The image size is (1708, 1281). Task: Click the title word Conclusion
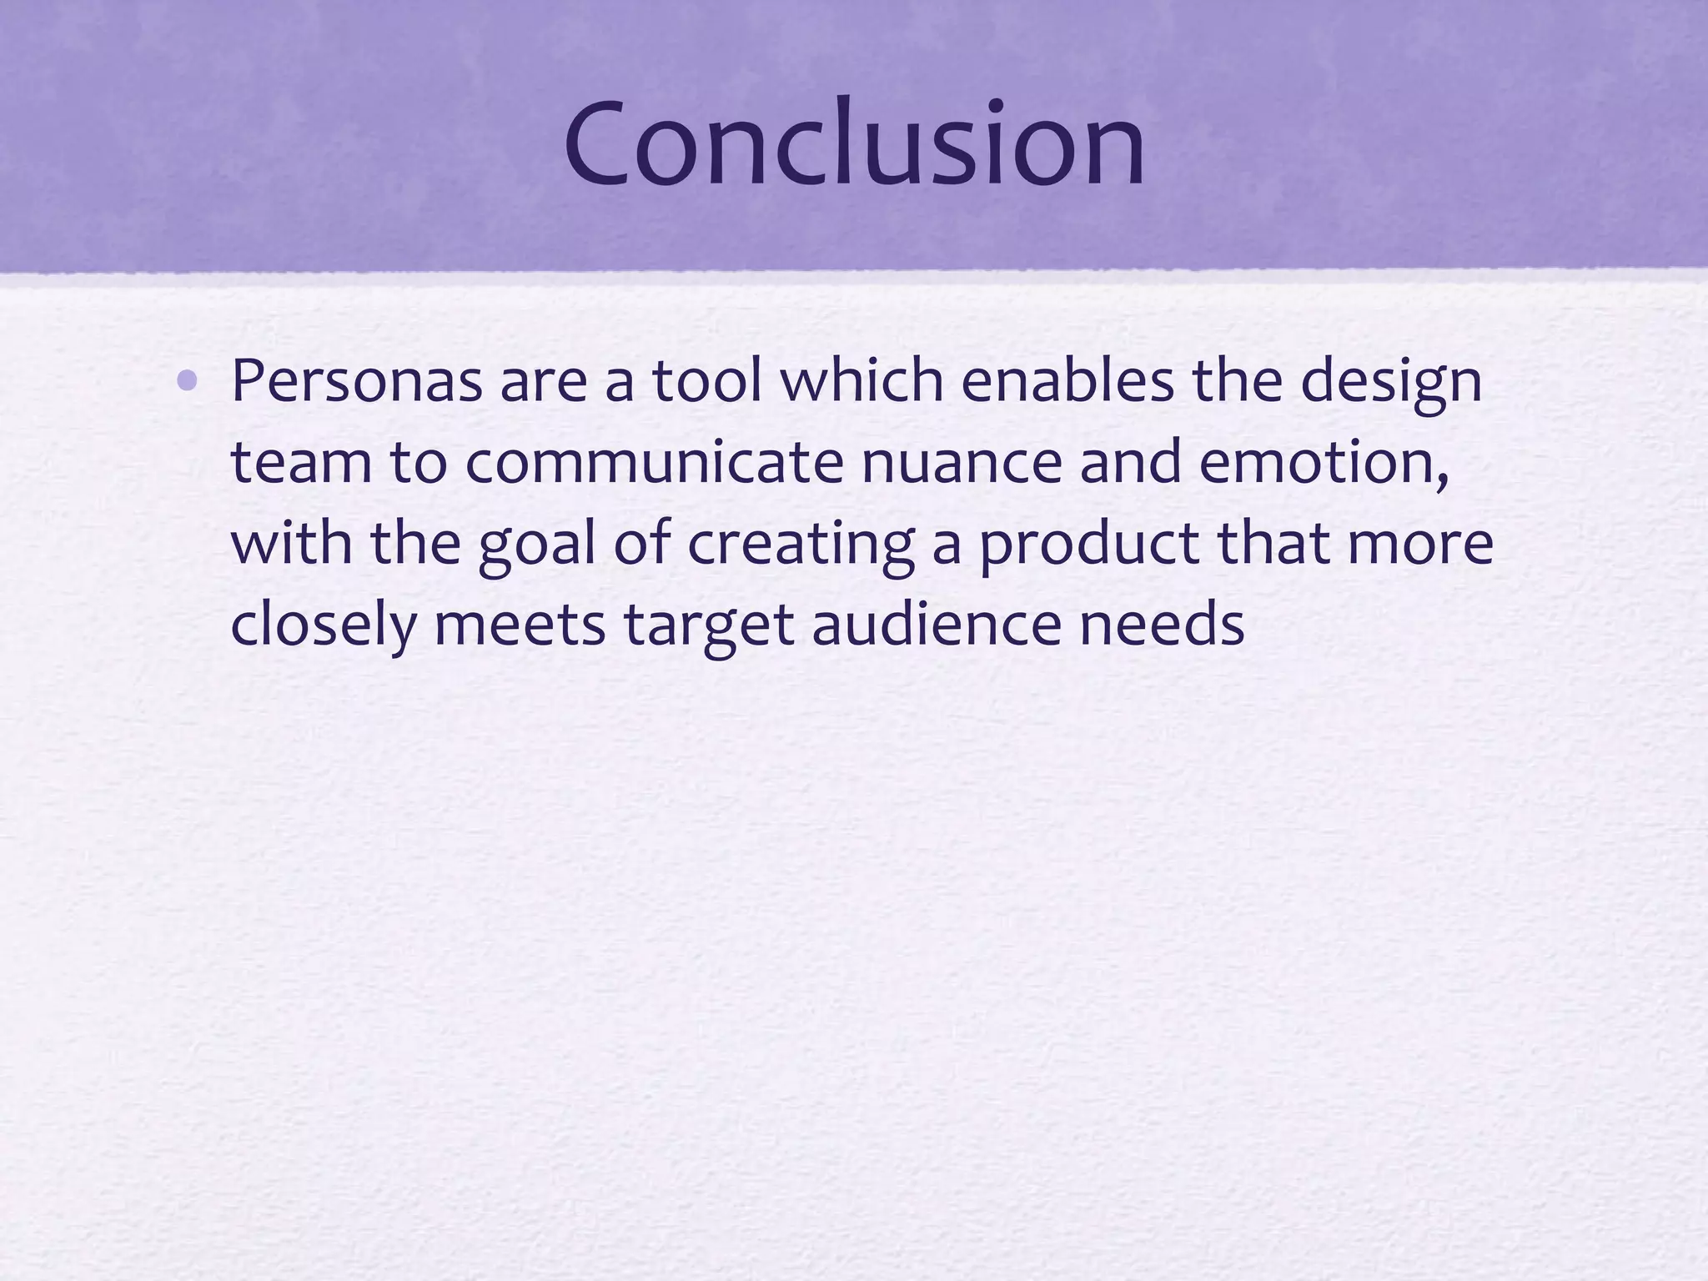(854, 143)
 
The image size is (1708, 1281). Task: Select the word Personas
(356, 381)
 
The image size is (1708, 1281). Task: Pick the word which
(860, 381)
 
